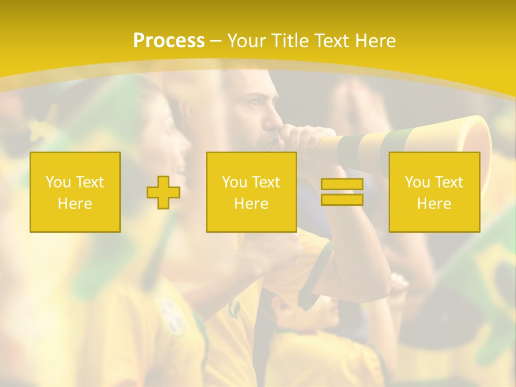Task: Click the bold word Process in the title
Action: [169, 41]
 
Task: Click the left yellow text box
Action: [75, 192]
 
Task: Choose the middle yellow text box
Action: [251, 192]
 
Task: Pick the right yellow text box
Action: [434, 192]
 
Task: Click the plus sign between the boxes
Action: [163, 192]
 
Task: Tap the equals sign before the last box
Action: [342, 192]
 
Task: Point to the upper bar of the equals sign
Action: [342, 184]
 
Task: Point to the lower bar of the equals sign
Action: [342, 200]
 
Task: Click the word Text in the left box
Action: [90, 182]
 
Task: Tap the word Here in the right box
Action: [434, 204]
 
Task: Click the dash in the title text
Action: [216, 41]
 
